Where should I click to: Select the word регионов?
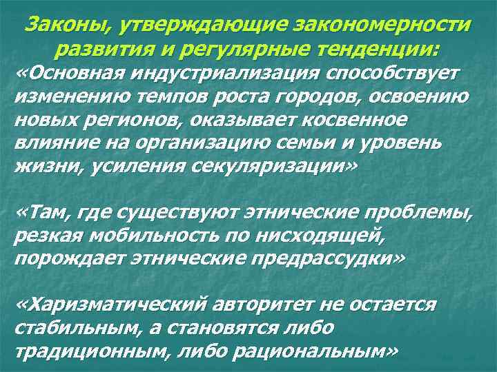pos(115,120)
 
